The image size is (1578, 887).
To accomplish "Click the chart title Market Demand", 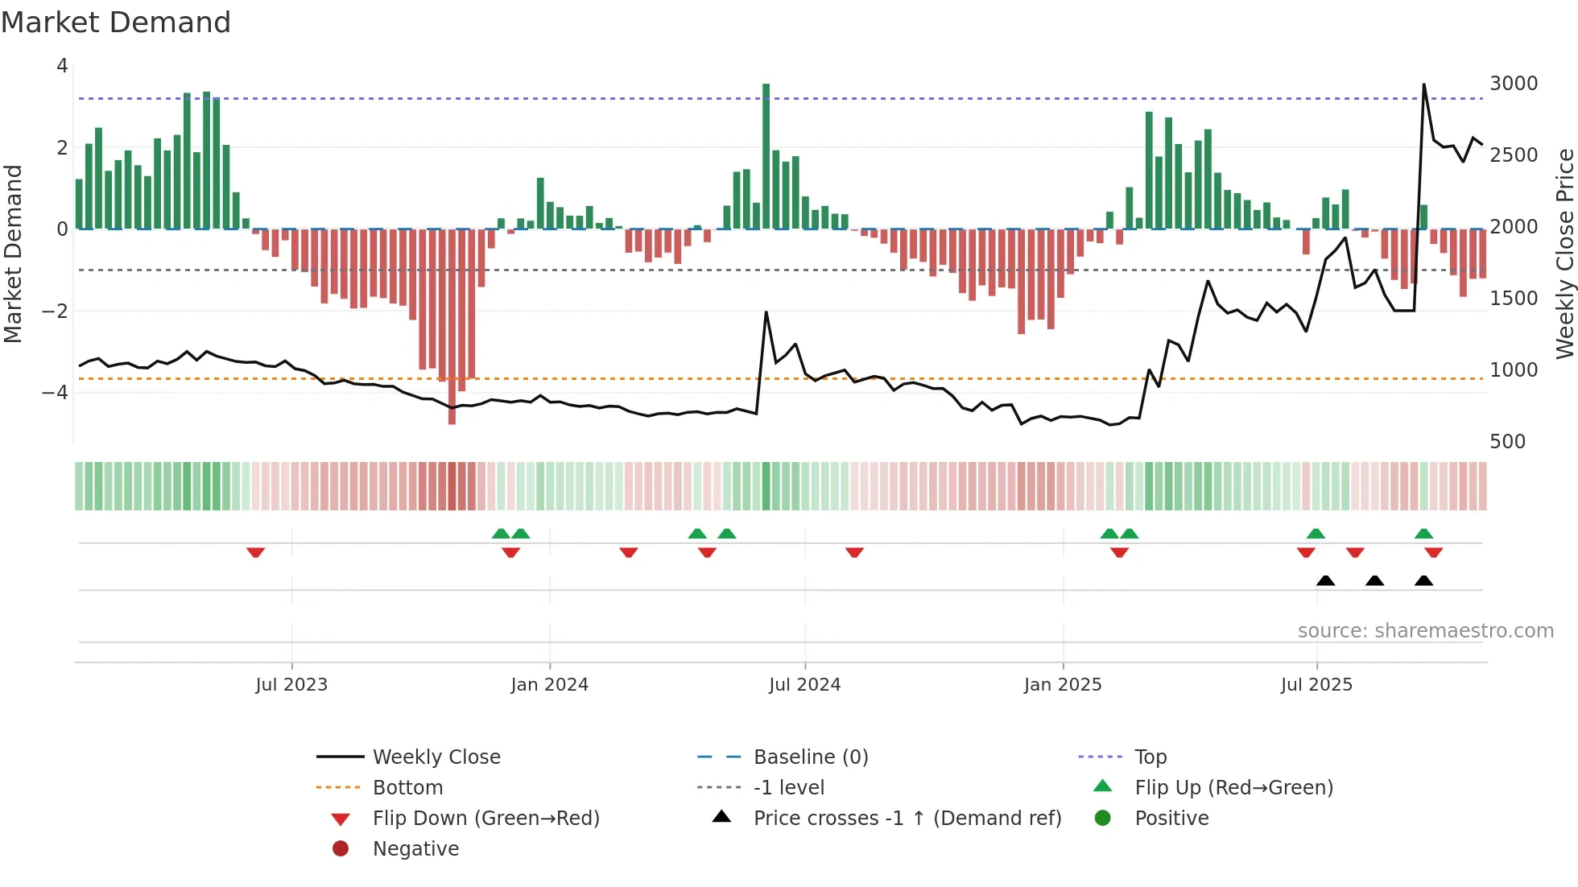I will coord(116,23).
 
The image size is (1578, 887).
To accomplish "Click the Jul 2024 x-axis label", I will coord(804,685).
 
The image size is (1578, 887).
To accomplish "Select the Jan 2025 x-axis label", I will coord(1062,685).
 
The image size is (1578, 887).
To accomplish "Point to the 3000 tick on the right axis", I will coord(1513,84).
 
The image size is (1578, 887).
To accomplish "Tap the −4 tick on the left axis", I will coord(55,393).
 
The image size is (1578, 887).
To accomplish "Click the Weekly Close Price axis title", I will coord(1564,254).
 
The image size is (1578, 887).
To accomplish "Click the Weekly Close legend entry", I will coord(436,757).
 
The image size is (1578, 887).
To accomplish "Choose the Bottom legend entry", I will coord(407,788).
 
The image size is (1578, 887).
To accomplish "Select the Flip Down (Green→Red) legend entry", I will coord(485,819).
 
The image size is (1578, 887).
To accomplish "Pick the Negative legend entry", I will coord(415,849).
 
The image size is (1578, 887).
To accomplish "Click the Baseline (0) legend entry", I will coord(810,757).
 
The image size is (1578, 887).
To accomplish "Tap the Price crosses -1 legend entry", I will coord(907,819).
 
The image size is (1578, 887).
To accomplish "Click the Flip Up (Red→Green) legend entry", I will coord(1233,788).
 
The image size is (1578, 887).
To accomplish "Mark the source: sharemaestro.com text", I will coord(1425,631).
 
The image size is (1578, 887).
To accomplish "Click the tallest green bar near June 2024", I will coord(766,153).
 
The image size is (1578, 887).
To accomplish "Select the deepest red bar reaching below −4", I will coord(452,326).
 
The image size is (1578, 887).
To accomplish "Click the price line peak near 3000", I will coord(1423,85).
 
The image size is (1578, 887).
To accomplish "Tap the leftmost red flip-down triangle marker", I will coord(255,552).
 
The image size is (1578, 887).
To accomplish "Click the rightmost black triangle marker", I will coord(1423,581).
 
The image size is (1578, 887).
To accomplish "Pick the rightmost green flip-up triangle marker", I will coord(1423,534).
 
